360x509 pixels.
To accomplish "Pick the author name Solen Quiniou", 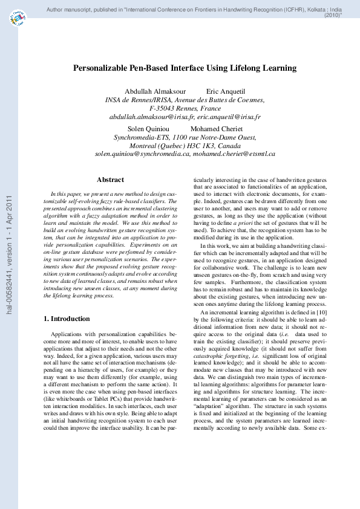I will (x=147, y=129).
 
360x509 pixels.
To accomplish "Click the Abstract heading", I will (x=110, y=180).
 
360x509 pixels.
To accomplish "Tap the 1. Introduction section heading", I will (x=68, y=319).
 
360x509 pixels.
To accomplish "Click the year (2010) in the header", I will (x=333, y=16).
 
